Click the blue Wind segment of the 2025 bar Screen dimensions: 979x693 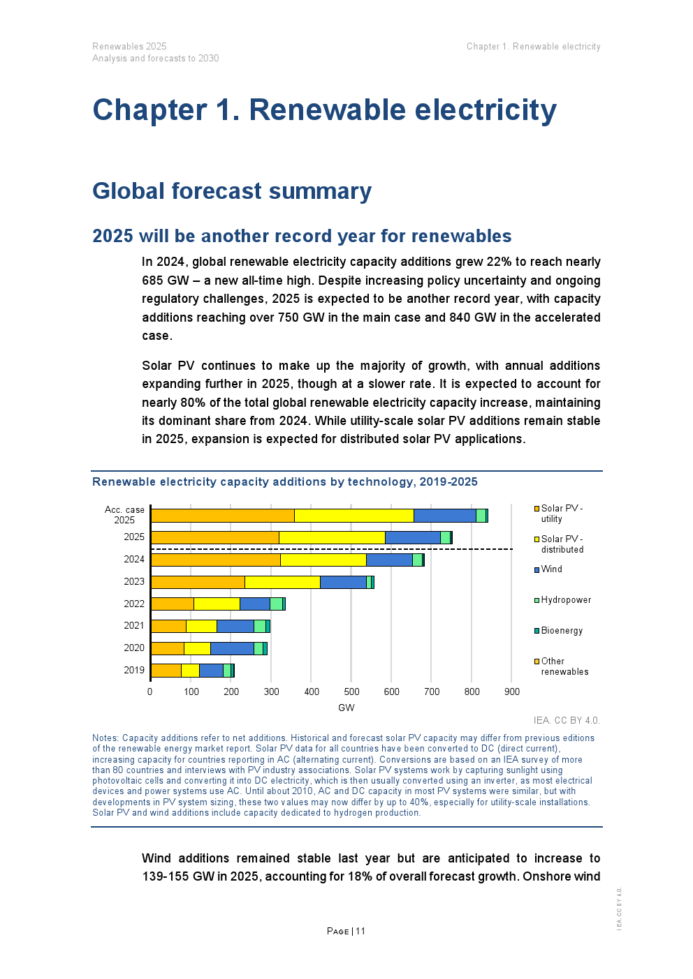point(412,537)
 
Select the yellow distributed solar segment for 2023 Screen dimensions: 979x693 point(282,582)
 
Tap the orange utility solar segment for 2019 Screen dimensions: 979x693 point(166,671)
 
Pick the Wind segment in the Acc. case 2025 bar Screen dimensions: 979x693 point(444,516)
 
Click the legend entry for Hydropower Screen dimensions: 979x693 point(565,600)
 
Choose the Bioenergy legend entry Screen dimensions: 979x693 point(561,631)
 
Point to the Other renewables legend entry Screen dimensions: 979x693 point(564,666)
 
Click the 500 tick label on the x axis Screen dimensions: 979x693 point(351,692)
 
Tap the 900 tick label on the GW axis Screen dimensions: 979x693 point(512,692)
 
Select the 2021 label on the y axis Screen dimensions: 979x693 point(134,626)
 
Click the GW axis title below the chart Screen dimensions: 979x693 point(346,708)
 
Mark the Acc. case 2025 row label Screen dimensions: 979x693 point(124,515)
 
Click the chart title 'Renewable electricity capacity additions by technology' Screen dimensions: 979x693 point(285,482)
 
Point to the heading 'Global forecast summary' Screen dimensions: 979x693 point(232,191)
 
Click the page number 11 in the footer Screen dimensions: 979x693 point(360,931)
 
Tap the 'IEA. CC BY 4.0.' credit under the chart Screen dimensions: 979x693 point(567,721)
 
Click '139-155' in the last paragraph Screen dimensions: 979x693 point(166,876)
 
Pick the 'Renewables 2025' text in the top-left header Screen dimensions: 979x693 point(129,47)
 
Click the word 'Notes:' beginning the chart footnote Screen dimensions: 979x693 point(105,738)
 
